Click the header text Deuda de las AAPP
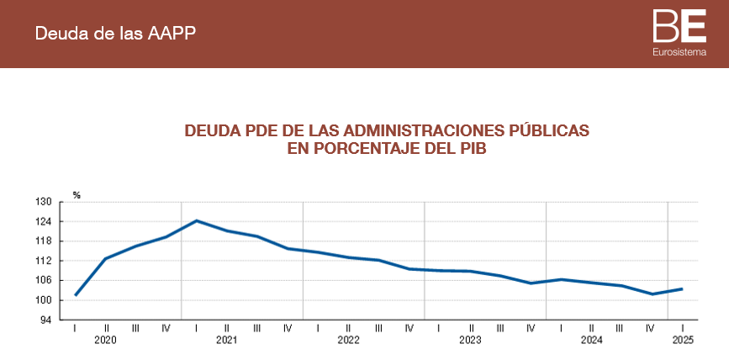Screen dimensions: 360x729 pos(116,34)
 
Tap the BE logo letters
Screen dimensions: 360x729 pos(679,26)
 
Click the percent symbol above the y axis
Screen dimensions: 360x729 pos(77,195)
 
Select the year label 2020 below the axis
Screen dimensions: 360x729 pos(105,341)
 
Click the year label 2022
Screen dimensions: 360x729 pos(348,341)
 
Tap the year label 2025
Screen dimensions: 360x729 pos(683,341)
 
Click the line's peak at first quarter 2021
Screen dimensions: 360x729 pos(197,220)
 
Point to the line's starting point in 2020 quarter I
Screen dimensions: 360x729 pos(76,295)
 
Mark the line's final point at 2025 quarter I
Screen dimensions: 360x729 pos(682,289)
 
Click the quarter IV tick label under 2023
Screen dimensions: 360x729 pos(531,327)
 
